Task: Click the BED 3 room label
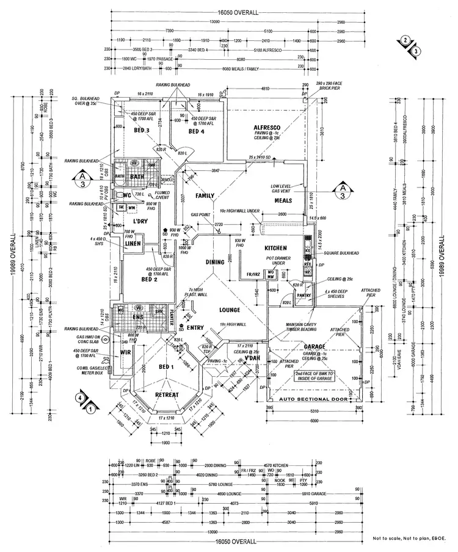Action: (x=141, y=130)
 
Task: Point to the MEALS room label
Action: (x=285, y=200)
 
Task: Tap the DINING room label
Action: (x=216, y=262)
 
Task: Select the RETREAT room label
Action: (x=167, y=395)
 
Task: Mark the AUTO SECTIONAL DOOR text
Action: (x=313, y=400)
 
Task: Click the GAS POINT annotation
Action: (x=202, y=216)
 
